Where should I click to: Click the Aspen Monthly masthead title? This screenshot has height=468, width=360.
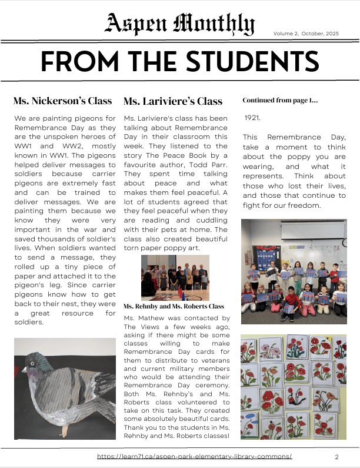pyautogui.click(x=179, y=24)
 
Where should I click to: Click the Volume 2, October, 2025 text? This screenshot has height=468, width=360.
pyautogui.click(x=306, y=34)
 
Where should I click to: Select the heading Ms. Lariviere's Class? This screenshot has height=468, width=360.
pyautogui.click(x=173, y=101)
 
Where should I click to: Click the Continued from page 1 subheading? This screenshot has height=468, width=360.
pyautogui.click(x=280, y=101)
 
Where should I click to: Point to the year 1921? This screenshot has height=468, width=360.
pyautogui.click(x=252, y=118)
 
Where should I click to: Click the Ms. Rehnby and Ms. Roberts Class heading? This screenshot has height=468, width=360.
pyautogui.click(x=174, y=307)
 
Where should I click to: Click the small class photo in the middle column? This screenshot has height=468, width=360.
pyautogui.click(x=174, y=277)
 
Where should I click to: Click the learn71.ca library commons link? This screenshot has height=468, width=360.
pyautogui.click(x=194, y=457)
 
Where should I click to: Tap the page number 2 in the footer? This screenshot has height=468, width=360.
pyautogui.click(x=336, y=457)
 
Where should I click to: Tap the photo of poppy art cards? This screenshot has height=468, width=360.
pyautogui.click(x=294, y=387)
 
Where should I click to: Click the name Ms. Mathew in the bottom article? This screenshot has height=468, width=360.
pyautogui.click(x=144, y=318)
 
